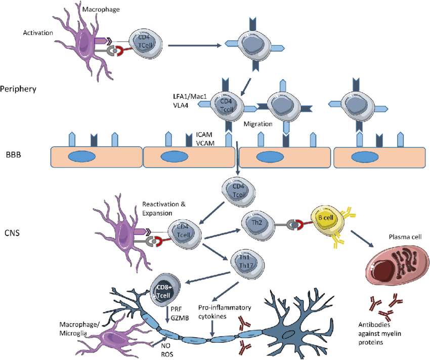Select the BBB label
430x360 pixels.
[14, 154]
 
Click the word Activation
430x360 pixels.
[38, 33]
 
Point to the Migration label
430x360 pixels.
[259, 124]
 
